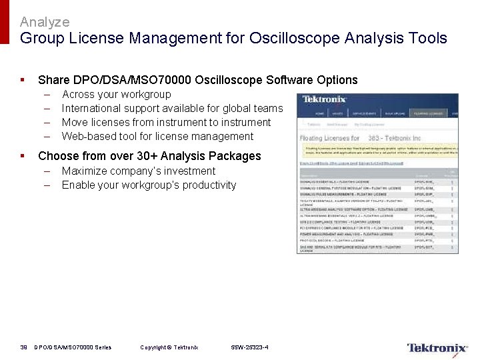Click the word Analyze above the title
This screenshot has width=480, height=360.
[45, 23]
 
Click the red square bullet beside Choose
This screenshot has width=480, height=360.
[23, 155]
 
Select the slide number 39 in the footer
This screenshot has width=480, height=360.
[23, 347]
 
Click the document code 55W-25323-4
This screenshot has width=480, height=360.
[249, 347]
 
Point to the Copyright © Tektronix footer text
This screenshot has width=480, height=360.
[169, 347]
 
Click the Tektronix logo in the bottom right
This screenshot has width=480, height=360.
[437, 348]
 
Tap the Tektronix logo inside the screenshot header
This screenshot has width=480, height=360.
[325, 99]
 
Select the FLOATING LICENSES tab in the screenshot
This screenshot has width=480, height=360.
[428, 114]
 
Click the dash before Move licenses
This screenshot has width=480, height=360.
[47, 122]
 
